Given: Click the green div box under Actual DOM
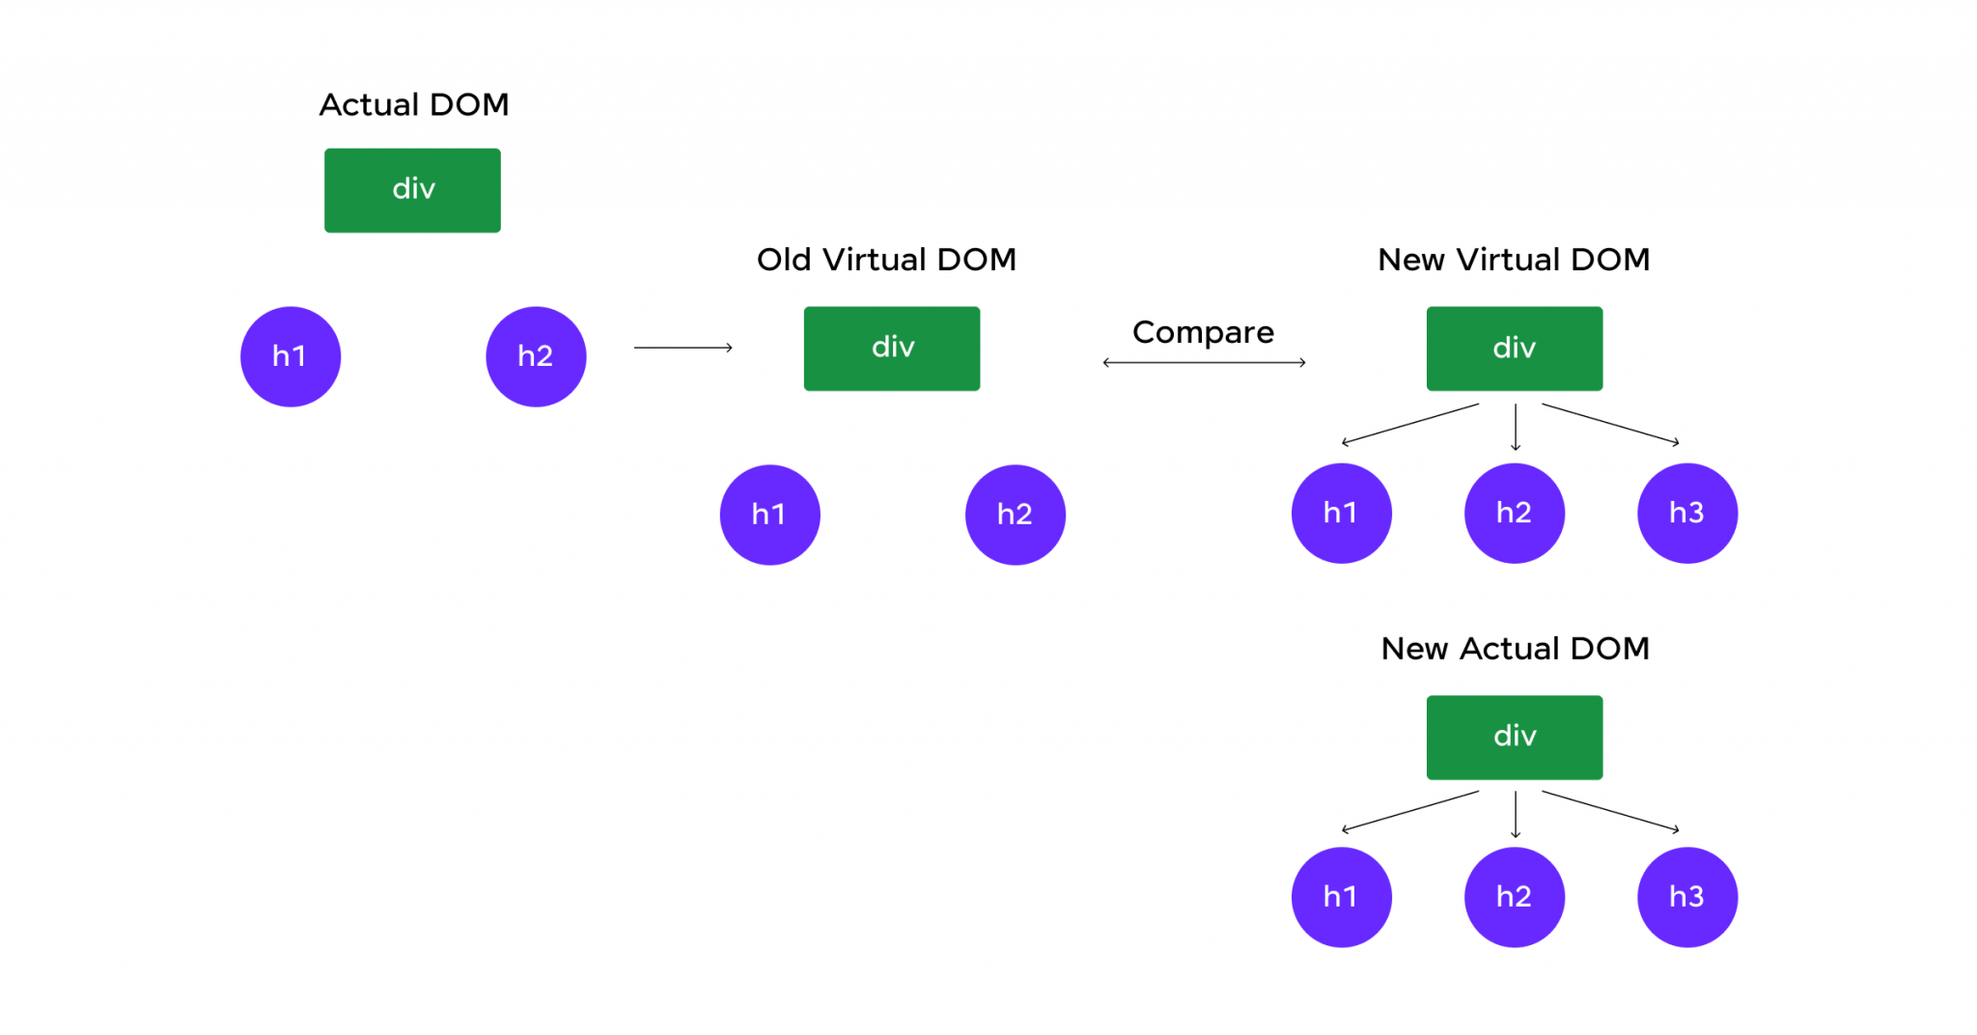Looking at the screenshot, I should point(412,190).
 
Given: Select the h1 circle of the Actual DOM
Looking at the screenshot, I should point(291,356).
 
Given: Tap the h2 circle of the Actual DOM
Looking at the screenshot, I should point(536,356).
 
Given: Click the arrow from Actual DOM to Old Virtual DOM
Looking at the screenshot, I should point(682,348).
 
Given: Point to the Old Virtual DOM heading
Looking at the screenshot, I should point(886,260).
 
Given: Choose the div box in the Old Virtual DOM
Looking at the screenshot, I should point(892,349).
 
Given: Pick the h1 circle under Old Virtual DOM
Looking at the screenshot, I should point(769,515).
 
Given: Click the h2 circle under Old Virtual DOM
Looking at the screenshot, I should point(1015,515).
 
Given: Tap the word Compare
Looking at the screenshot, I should point(1203,332).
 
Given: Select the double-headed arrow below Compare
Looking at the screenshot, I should point(1204,363).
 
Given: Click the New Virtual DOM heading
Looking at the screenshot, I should point(1513,260).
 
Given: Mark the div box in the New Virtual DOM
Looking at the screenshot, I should point(1514,349).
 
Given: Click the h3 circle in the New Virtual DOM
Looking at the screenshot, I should point(1686,513).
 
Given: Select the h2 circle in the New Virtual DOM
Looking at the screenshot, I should point(1514,513).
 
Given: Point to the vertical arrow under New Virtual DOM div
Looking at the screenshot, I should point(1516,427).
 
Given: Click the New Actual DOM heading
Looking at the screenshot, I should point(1515,649).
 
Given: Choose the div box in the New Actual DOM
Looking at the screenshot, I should point(1514,737).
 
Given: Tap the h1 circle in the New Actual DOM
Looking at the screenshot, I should point(1341,897).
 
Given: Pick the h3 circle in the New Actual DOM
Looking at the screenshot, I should point(1686,897).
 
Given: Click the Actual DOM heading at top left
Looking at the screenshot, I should point(413,104).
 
